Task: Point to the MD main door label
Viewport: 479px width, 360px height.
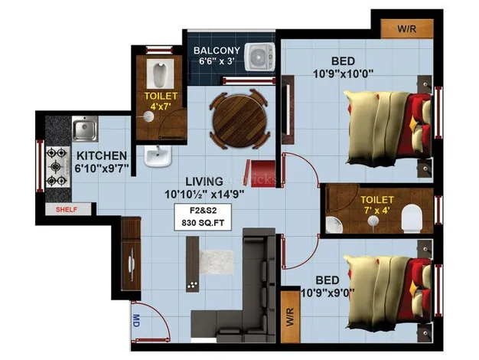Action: pyautogui.click(x=136, y=320)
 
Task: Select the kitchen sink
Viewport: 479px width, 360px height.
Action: pyautogui.click(x=83, y=129)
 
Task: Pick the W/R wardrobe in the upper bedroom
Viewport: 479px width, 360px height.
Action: pyautogui.click(x=406, y=29)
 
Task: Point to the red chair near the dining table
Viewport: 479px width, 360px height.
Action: pyautogui.click(x=262, y=168)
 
